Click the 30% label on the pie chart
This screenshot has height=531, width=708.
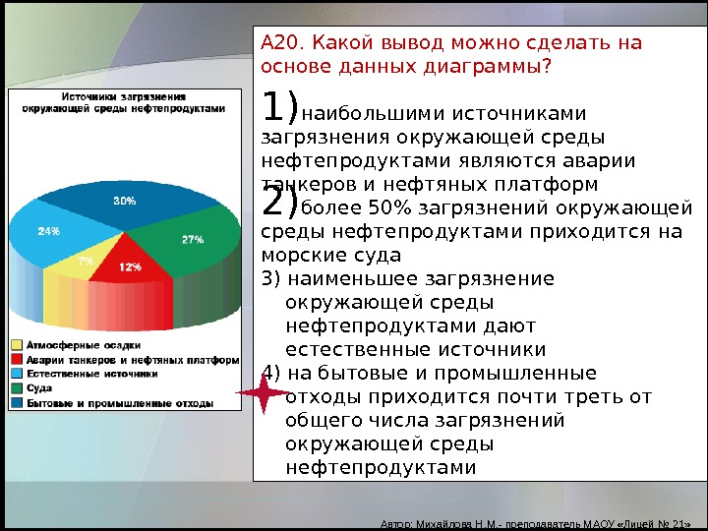(x=125, y=201)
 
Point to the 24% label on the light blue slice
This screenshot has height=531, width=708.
(x=49, y=231)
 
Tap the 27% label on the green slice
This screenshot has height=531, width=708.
(x=193, y=240)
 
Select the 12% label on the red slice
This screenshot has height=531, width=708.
(x=131, y=266)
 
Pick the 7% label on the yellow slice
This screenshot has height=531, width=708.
(x=86, y=261)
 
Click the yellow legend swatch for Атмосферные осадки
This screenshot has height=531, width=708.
(x=17, y=345)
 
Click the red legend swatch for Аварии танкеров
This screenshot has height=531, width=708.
(x=17, y=360)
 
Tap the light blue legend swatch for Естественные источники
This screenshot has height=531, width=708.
(x=17, y=374)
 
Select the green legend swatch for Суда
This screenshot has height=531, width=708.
(x=17, y=388)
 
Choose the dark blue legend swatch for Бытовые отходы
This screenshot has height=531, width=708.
(x=17, y=403)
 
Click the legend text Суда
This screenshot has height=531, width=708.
(x=39, y=388)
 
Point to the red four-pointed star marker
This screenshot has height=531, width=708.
(x=264, y=392)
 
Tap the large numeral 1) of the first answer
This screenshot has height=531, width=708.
(x=279, y=106)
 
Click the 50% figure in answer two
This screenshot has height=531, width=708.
(x=390, y=207)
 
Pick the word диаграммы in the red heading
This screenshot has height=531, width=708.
(x=487, y=67)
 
